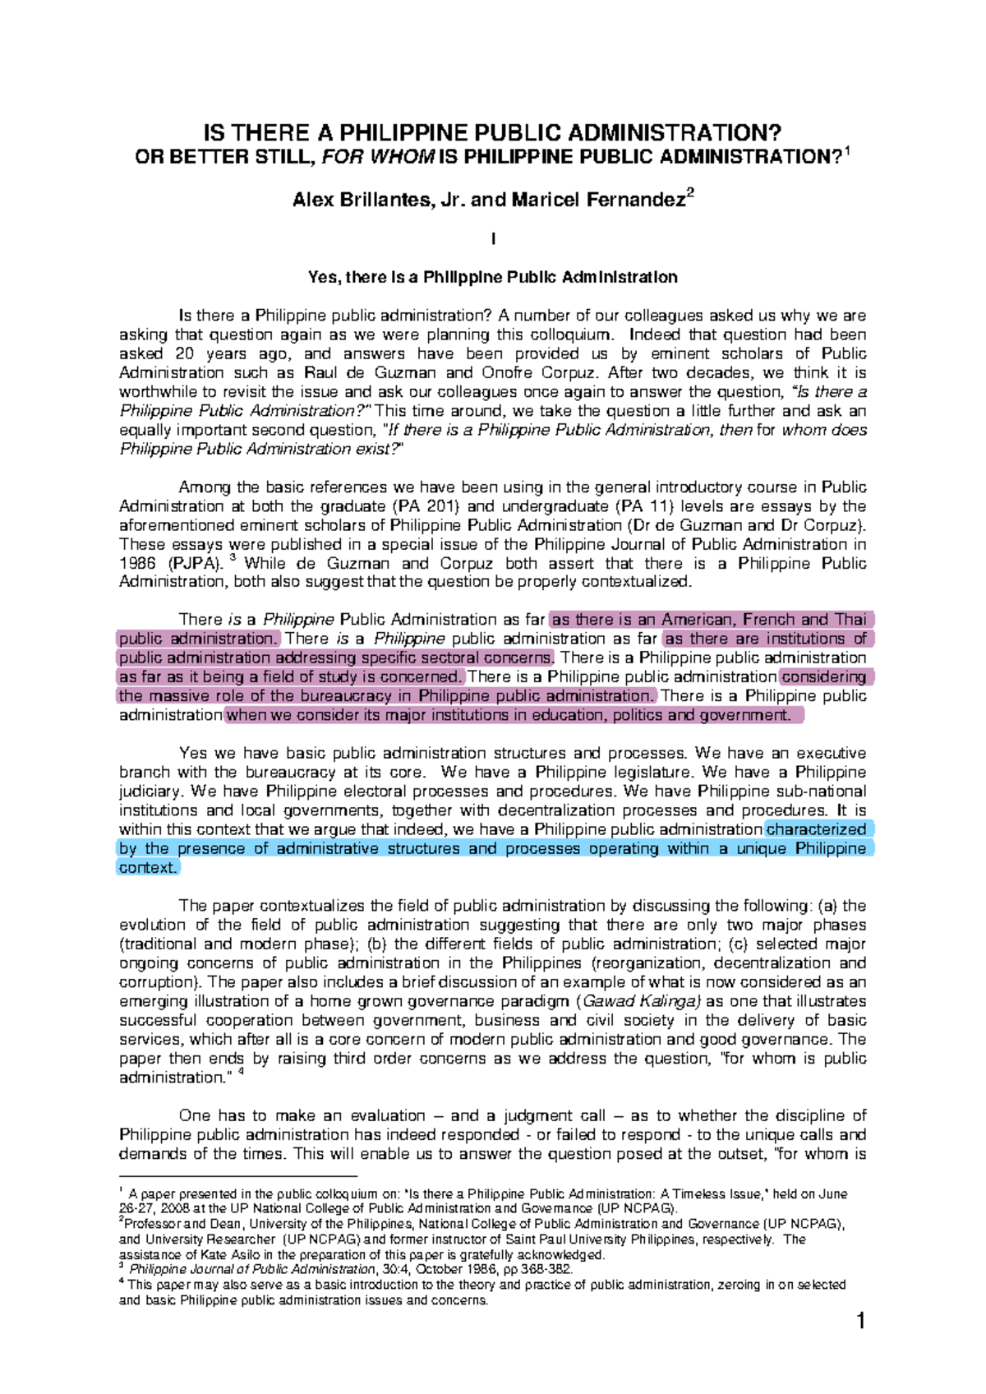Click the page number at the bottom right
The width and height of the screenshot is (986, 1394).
860,1322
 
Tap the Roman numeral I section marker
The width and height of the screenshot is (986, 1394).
492,239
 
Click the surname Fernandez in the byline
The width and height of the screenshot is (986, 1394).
635,200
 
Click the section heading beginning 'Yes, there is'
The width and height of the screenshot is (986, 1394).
492,277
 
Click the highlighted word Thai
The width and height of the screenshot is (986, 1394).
850,620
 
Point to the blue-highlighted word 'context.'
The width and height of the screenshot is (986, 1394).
148,868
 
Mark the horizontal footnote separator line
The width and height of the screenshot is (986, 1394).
238,1176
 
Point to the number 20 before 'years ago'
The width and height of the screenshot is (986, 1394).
186,353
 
